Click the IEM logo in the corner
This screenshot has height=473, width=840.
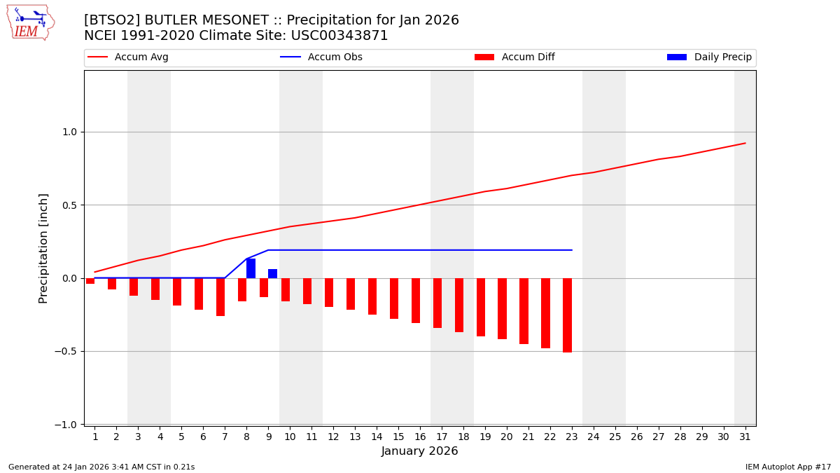30,22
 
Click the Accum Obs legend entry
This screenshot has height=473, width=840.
321,57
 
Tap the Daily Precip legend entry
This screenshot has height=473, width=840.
709,57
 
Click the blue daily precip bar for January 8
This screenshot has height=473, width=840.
251,268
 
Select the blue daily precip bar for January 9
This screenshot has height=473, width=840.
272,273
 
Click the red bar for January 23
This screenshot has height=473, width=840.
567,315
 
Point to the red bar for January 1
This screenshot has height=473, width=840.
90,281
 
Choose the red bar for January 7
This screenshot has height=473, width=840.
220,297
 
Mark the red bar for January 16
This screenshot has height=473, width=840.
416,301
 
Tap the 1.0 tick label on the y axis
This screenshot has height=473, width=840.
69,132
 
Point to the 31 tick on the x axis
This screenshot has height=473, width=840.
745,437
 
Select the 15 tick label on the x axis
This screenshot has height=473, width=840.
398,437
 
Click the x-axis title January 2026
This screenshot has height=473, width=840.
419,451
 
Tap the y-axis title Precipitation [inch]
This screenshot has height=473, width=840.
43,248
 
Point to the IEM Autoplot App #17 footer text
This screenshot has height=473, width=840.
787,467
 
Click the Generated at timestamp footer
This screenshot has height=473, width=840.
101,467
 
